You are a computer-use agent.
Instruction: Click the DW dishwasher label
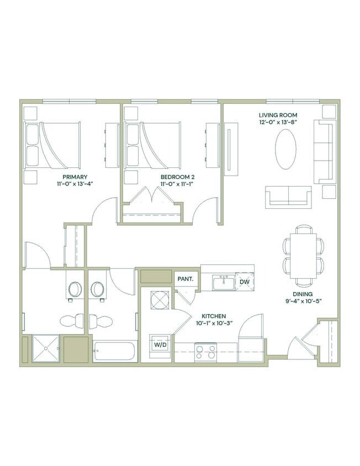point(245,282)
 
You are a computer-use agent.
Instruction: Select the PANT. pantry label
point(185,279)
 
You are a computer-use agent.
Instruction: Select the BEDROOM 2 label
point(177,177)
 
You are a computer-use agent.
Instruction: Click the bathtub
point(114,351)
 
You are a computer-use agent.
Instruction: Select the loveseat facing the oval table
point(288,197)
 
